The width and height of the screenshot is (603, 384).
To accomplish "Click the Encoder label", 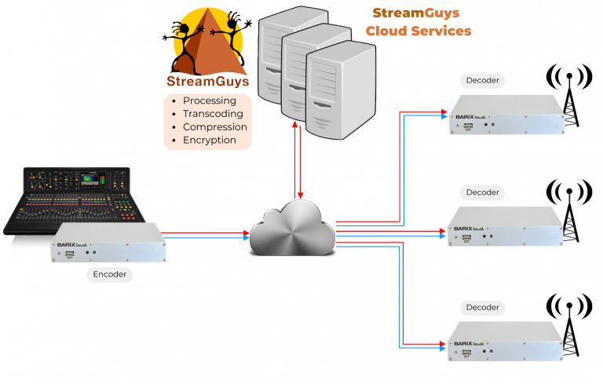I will pyautogui.click(x=109, y=275).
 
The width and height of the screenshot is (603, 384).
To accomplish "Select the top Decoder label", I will pyautogui.click(x=482, y=80).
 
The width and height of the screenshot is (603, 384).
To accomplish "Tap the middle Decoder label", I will pyautogui.click(x=482, y=192).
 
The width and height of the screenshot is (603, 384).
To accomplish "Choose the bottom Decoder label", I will pyautogui.click(x=482, y=307).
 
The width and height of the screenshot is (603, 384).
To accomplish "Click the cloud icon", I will pyautogui.click(x=291, y=227).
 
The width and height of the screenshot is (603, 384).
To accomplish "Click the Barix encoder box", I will pyautogui.click(x=109, y=243).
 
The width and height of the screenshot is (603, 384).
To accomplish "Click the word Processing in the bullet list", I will pyautogui.click(x=210, y=101).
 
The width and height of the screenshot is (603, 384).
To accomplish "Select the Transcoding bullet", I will pyautogui.click(x=213, y=114).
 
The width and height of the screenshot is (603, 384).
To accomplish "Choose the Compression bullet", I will pyautogui.click(x=215, y=127).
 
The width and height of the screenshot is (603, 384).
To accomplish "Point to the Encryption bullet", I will pyautogui.click(x=210, y=140).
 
